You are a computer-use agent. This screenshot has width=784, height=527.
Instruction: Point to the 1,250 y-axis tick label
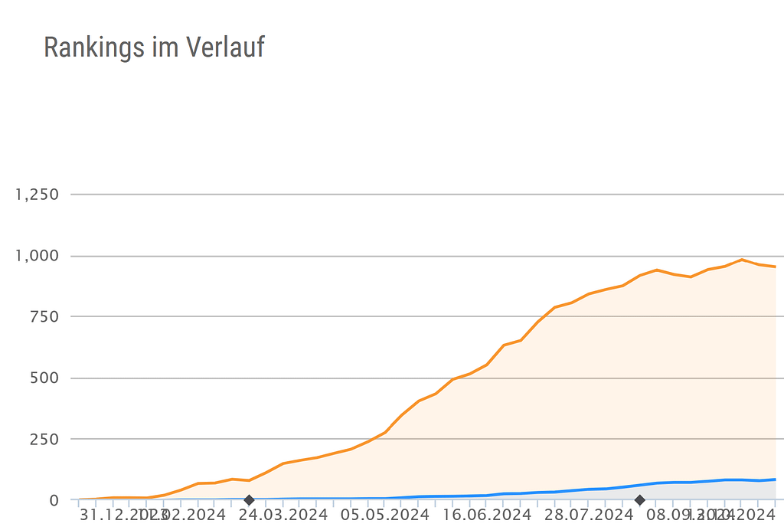point(37,195)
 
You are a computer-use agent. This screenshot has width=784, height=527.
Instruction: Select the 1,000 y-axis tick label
point(37,256)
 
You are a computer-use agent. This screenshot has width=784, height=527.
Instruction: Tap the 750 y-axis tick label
point(44,317)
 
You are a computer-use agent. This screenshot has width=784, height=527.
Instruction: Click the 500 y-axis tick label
point(44,378)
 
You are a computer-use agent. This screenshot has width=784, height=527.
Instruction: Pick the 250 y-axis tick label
point(44,440)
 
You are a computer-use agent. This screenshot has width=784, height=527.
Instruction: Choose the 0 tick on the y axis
point(53,500)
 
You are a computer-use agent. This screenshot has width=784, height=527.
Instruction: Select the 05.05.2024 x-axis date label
point(385,514)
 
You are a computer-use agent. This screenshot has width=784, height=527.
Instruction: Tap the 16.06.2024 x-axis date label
point(486,514)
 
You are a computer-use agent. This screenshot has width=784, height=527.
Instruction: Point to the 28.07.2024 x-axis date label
point(587,514)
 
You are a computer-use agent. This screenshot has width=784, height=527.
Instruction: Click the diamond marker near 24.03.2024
point(249,500)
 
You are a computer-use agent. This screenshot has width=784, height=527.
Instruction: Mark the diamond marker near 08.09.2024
point(640,500)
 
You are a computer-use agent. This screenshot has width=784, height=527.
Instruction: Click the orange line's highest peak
point(741,260)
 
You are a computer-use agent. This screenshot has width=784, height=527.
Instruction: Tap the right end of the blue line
point(775,480)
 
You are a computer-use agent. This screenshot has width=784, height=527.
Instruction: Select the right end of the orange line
point(775,267)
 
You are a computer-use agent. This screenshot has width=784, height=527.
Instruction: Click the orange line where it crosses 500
point(456,378)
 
